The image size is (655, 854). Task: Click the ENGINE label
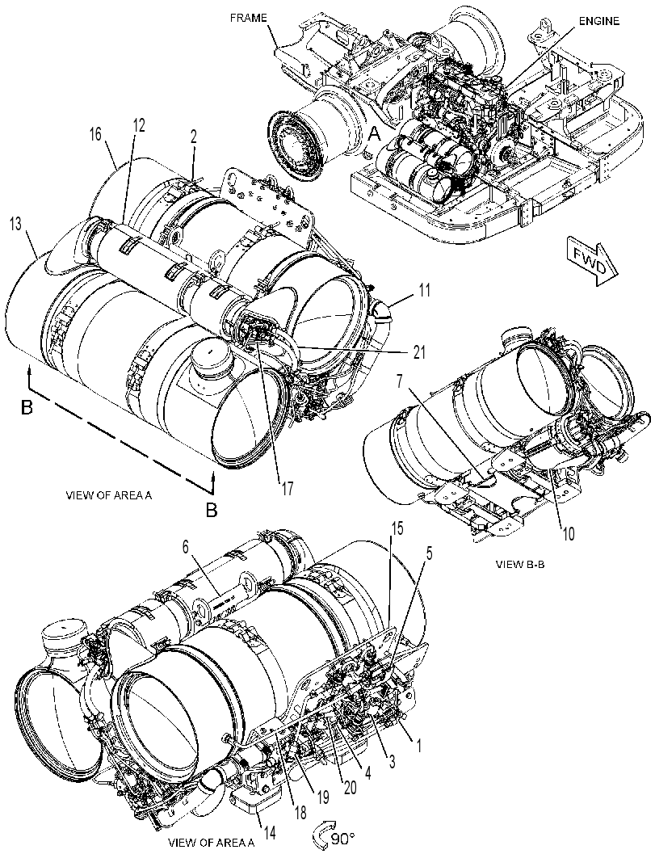[x=598, y=21]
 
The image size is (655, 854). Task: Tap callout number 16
[x=95, y=134]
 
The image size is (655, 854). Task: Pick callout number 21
[x=418, y=351]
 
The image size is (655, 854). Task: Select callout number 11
[x=424, y=290]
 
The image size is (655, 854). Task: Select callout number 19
[x=322, y=797]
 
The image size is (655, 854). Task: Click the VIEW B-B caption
[x=519, y=564]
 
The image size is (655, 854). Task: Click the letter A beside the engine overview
[x=374, y=133]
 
